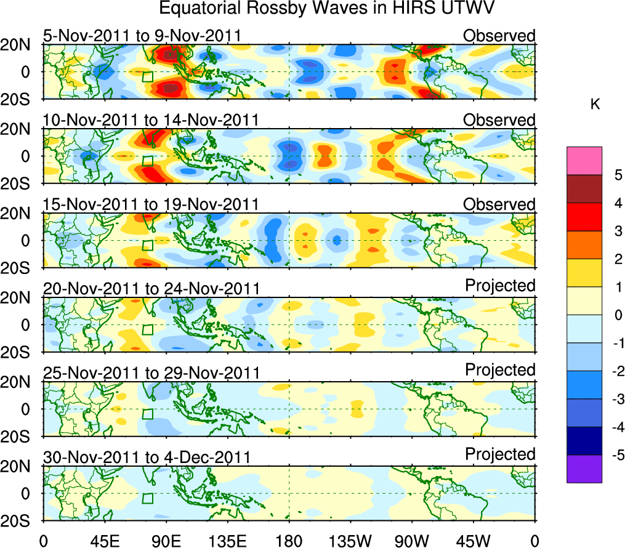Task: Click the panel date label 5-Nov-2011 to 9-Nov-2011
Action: (142, 36)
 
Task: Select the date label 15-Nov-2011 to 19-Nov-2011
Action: (151, 204)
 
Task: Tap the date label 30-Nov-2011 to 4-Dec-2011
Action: (147, 457)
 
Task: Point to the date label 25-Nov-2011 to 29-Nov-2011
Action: (151, 373)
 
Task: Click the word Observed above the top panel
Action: (499, 36)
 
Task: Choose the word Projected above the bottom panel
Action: (500, 454)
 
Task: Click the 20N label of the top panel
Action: (20, 45)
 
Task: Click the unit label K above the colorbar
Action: (595, 105)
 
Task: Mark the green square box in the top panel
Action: (147, 77)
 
